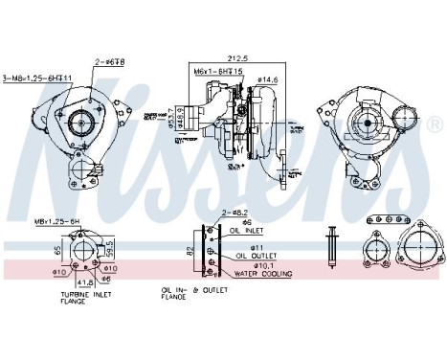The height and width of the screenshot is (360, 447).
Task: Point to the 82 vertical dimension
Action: click(x=191, y=251)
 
